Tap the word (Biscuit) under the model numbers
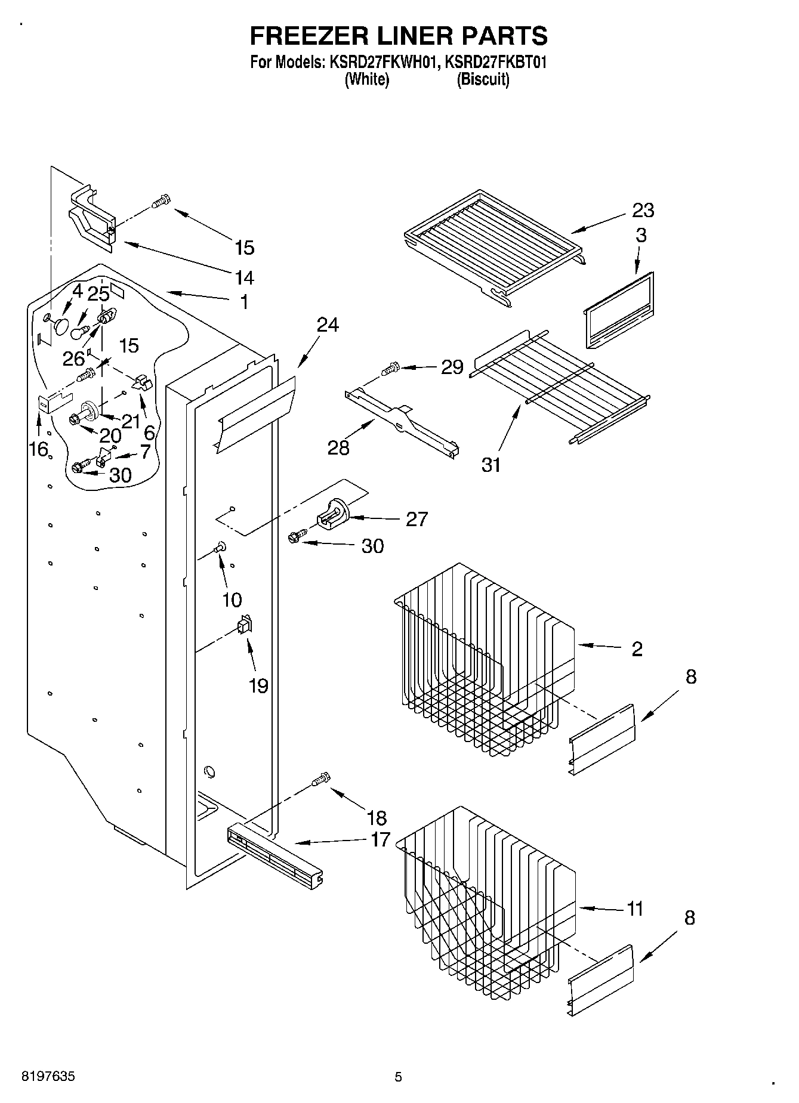pyautogui.click(x=483, y=79)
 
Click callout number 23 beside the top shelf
pyautogui.click(x=643, y=210)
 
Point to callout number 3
pyautogui.click(x=641, y=236)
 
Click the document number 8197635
pyautogui.click(x=48, y=1076)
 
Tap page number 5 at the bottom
pyautogui.click(x=398, y=1077)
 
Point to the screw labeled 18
pyautogui.click(x=320, y=779)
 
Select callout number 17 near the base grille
pyautogui.click(x=380, y=839)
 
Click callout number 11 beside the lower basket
pyautogui.click(x=635, y=909)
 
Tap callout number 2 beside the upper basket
pyautogui.click(x=637, y=648)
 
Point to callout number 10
pyautogui.click(x=232, y=600)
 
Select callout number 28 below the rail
pyautogui.click(x=338, y=447)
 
